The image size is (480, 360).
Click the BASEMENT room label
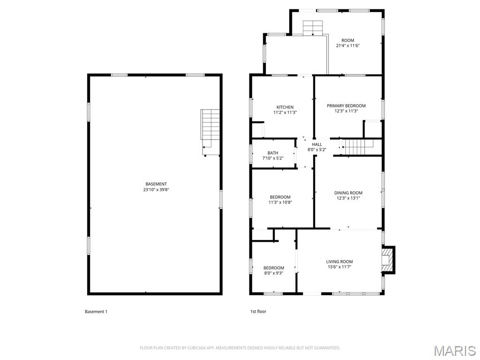[x=156, y=184]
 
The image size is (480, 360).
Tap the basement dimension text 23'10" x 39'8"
[x=156, y=189]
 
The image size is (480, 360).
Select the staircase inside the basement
[x=210, y=132]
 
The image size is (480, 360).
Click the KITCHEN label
[x=285, y=107]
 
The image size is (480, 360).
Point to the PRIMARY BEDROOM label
[x=346, y=105]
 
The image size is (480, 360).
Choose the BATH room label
[x=273, y=153]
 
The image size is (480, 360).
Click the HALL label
[x=317, y=144]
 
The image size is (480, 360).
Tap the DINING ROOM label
[x=348, y=193]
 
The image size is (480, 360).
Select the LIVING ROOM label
[x=339, y=262]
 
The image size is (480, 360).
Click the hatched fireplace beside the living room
[x=387, y=259]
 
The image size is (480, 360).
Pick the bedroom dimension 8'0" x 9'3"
[x=273, y=273]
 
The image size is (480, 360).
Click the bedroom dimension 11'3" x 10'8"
[x=280, y=202]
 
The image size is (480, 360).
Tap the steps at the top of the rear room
[x=313, y=28]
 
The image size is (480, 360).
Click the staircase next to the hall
[x=358, y=147]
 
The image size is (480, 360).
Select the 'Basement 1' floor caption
[x=96, y=312]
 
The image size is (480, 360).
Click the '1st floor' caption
[x=258, y=311]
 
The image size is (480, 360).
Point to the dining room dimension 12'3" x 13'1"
[x=348, y=198]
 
